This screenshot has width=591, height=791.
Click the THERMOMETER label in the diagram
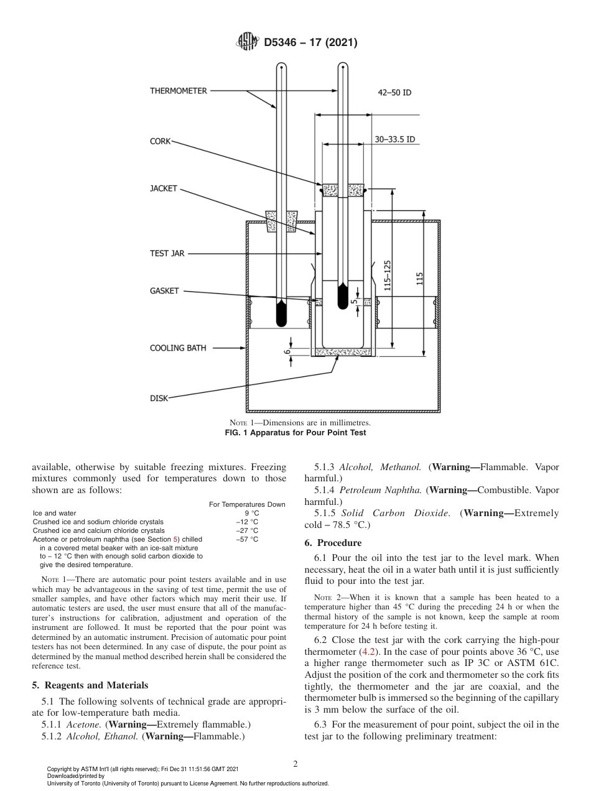pos(178,91)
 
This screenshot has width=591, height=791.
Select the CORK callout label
pos(160,142)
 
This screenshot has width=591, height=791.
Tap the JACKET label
pos(164,188)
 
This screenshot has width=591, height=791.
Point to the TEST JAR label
pos(167,254)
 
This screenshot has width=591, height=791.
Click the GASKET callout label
pos(164,290)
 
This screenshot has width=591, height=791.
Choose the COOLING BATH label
pos(178,348)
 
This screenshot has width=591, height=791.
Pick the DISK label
pos(159,398)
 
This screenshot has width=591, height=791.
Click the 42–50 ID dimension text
pos(395,93)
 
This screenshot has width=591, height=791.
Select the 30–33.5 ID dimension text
pos(395,140)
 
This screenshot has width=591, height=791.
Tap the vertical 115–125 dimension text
pos(388,276)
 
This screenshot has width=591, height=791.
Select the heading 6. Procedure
pos(332,543)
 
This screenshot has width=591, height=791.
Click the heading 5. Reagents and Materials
pos(90,685)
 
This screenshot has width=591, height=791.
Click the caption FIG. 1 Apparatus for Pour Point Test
pos(295,433)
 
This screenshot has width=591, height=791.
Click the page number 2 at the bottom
pos(295,764)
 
